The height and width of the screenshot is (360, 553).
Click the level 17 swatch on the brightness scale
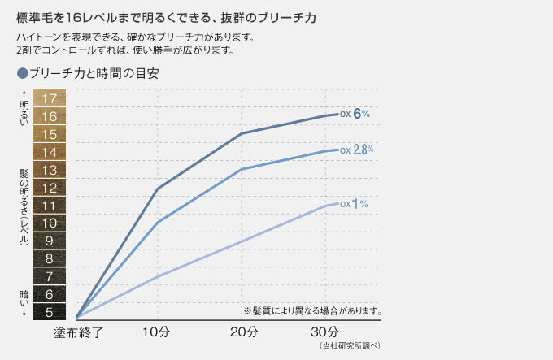(x=50, y=98)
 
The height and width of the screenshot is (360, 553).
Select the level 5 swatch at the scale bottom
(x=50, y=311)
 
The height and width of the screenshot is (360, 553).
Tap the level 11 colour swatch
(x=50, y=205)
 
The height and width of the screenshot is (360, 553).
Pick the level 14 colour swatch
(x=50, y=152)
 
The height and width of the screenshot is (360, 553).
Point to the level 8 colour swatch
(x=50, y=258)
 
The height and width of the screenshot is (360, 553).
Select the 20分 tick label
(x=243, y=332)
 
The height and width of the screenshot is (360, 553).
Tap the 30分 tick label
(x=326, y=332)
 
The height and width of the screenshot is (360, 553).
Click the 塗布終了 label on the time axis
(x=78, y=332)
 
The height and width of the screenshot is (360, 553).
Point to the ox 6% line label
(x=355, y=114)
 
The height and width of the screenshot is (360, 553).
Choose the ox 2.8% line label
(x=356, y=150)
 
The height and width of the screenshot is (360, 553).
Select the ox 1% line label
(x=354, y=203)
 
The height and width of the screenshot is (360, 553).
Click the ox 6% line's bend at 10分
(x=156, y=189)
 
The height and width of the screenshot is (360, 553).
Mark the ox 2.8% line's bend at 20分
(x=242, y=169)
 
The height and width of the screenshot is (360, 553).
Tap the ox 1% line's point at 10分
(x=156, y=277)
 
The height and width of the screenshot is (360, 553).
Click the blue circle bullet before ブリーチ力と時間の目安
(x=22, y=72)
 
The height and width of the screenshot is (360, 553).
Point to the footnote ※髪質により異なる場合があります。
(x=312, y=310)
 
